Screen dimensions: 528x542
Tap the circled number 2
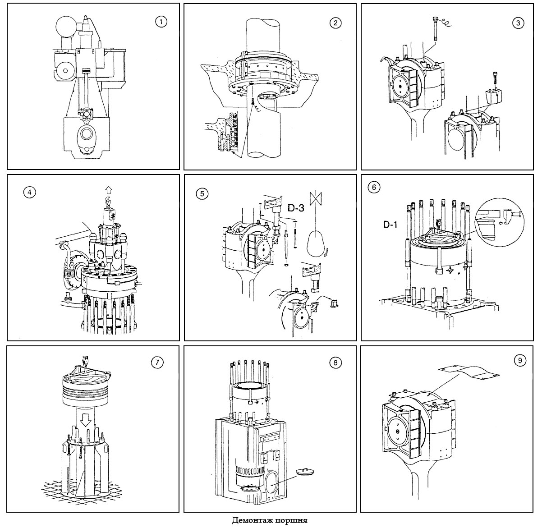[335, 23]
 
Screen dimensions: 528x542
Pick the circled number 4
[29, 192]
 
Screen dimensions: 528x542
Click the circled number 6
[374, 188]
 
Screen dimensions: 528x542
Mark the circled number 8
[334, 363]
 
